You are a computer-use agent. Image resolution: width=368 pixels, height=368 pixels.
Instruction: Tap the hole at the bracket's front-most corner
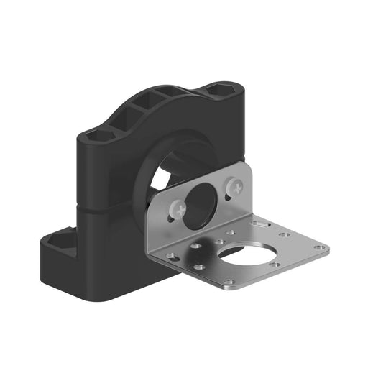pos(229,281)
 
